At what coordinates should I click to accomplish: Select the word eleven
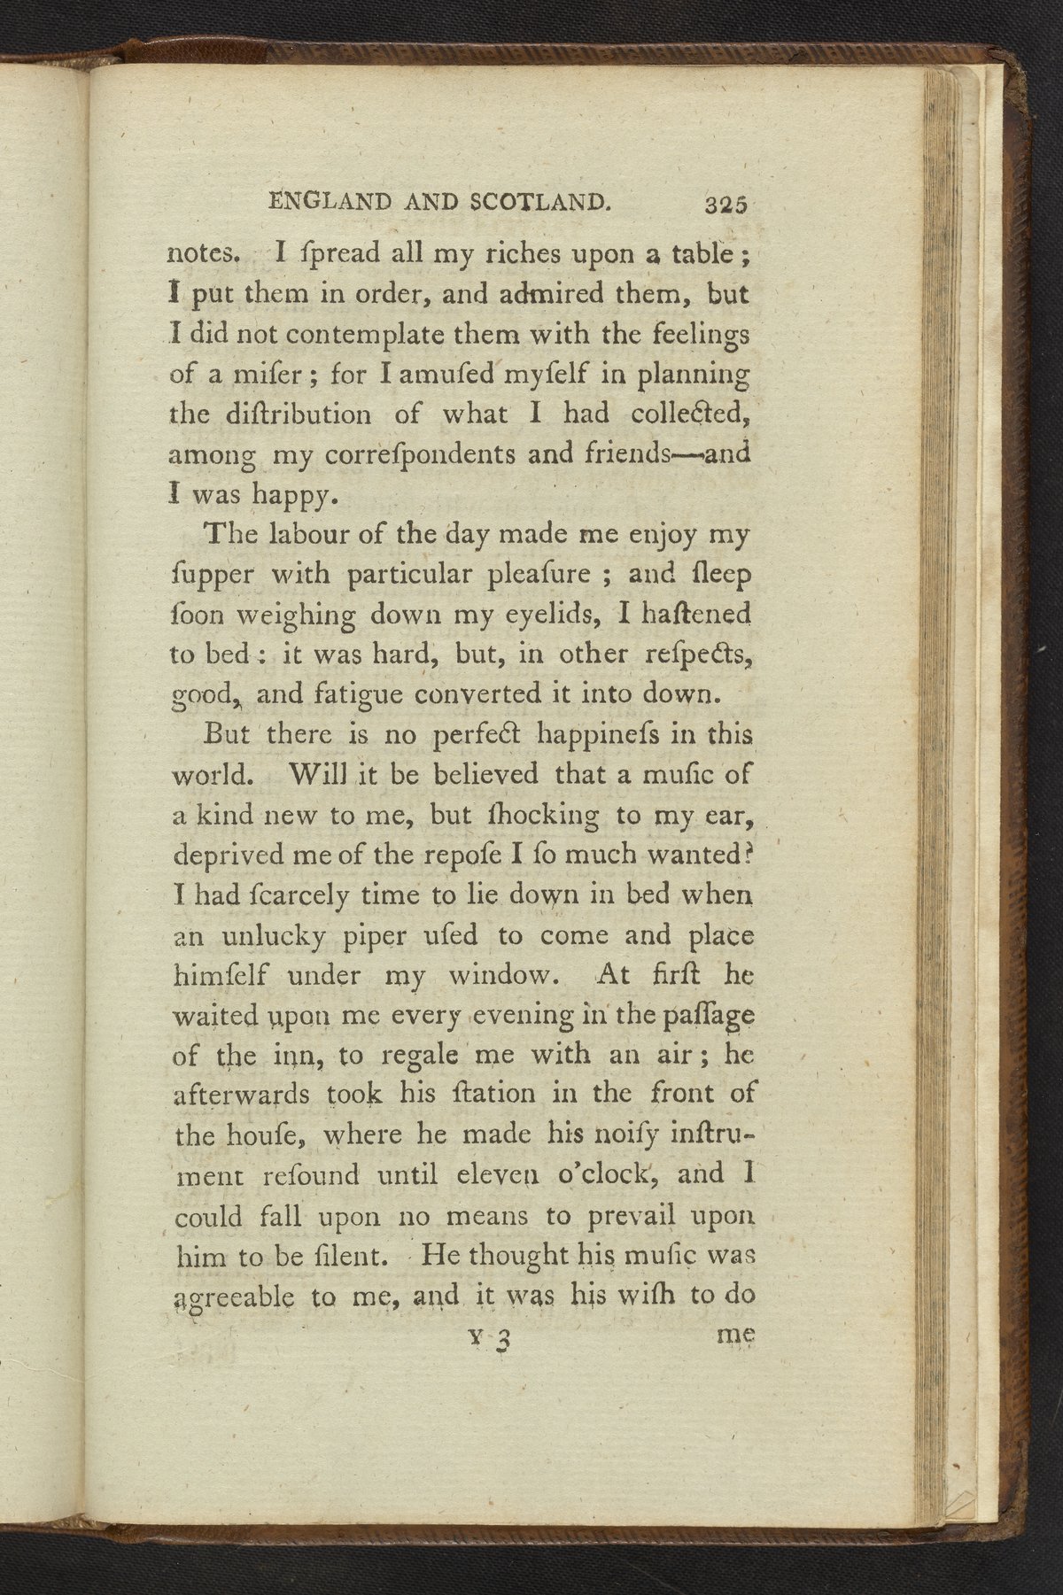[491, 1176]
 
